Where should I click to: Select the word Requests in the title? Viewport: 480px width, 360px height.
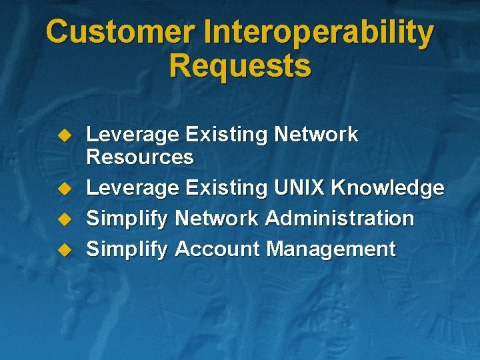[x=240, y=66]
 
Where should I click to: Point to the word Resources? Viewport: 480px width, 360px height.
[x=140, y=157]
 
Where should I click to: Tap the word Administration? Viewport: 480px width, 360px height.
[x=339, y=218]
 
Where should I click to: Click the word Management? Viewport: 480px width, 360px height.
[x=331, y=249]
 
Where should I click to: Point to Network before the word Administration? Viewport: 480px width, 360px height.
[x=217, y=218]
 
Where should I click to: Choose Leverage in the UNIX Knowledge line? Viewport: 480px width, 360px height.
[x=133, y=189]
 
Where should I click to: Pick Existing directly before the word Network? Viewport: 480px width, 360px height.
[x=226, y=135]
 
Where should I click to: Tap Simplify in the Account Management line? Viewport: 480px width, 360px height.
[x=127, y=249]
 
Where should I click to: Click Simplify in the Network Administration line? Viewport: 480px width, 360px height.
[x=127, y=219]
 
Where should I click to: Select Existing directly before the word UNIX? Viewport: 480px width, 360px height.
[x=226, y=189]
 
